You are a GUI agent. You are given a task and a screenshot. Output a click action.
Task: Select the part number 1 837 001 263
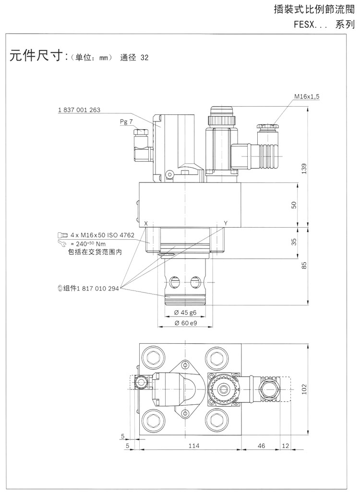tap(79, 110)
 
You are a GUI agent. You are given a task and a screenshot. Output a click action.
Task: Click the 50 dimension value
tap(294, 205)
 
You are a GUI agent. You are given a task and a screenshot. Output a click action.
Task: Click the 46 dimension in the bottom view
tap(261, 446)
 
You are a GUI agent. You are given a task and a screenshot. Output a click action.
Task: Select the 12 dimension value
tap(286, 446)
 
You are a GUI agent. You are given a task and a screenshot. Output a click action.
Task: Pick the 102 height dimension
tap(303, 389)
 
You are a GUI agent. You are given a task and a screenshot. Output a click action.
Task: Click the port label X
tap(146, 223)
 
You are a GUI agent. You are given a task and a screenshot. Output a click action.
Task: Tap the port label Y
tap(225, 223)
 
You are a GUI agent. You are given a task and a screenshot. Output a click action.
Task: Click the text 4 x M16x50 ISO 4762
tap(102, 235)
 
